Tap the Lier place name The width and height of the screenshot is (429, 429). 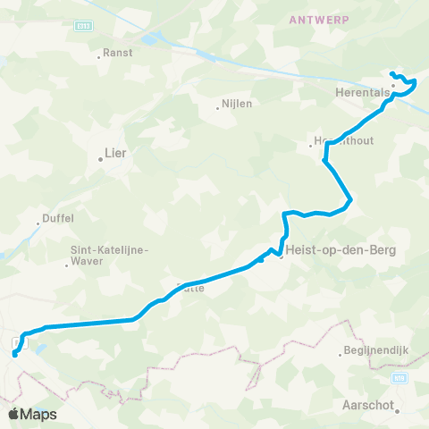click(115, 153)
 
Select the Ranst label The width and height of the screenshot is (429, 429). click(117, 53)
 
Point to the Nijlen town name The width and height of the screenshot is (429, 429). click(236, 103)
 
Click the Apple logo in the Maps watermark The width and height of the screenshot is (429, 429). click(13, 414)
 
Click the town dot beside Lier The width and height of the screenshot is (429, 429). click(101, 161)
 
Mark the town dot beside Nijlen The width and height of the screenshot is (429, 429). click(217, 109)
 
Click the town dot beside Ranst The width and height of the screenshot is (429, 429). click(99, 59)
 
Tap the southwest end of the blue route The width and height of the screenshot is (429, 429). click(14, 355)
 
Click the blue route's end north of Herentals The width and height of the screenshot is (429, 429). click(392, 73)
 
